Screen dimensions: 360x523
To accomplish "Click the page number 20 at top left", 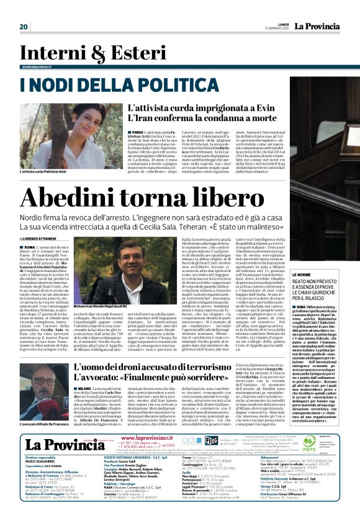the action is pos(24,27).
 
